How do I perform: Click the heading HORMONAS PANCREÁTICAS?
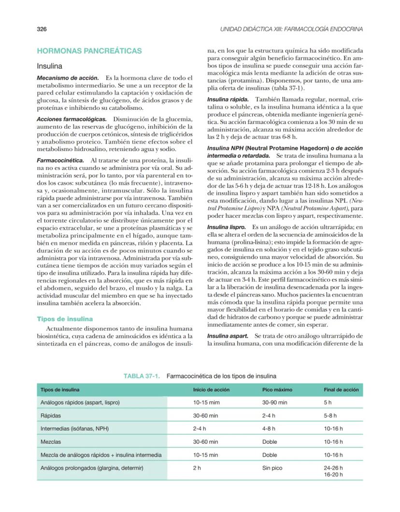[x=89, y=50]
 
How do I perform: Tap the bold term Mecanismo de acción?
[x=68, y=77]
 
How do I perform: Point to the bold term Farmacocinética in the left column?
[x=60, y=160]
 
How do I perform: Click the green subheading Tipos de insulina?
[x=65, y=319]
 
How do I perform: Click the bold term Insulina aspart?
[x=228, y=335]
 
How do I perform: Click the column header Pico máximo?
[x=277, y=390]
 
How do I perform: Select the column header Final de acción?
[x=341, y=390]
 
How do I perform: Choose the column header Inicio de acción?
[x=211, y=390]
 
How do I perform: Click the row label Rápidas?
[x=51, y=415]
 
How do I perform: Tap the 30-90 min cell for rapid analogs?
[x=274, y=402]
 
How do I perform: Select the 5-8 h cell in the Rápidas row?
[x=331, y=415]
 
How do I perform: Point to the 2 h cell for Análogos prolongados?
[x=197, y=468]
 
